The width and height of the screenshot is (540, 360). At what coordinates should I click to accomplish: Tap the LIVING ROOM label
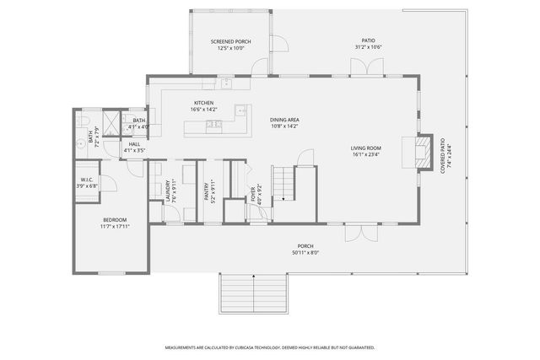pos(366,148)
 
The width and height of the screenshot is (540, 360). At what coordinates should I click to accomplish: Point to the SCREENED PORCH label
pos(230,41)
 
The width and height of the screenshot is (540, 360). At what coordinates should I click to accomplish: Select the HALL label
pos(135,144)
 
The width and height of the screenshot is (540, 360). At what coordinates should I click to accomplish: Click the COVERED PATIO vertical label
pos(443,156)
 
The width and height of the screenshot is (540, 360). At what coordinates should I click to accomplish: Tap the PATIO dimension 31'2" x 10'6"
pos(369,47)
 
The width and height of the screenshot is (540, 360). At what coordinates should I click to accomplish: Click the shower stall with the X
pos(111,121)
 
